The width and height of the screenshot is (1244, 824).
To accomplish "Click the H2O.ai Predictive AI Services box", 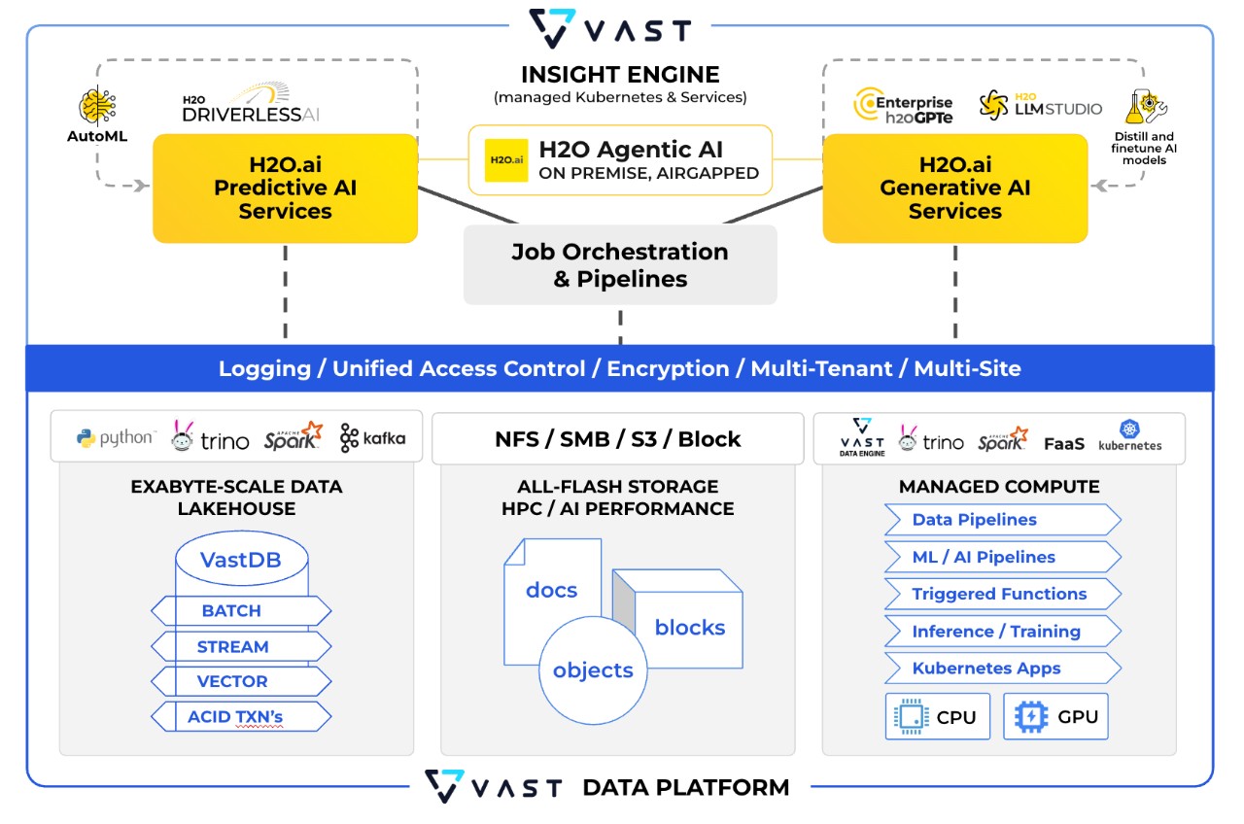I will [285, 188].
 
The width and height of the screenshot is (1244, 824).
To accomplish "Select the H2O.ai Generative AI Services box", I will [954, 188].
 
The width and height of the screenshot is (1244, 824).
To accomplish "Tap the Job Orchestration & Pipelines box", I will [620, 265].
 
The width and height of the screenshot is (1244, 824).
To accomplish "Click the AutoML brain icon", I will [97, 108].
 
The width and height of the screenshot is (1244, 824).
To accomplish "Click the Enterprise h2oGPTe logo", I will [903, 105].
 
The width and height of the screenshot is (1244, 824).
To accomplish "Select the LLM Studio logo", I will [1040, 105].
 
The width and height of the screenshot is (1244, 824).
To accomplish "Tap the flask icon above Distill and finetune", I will [1144, 107].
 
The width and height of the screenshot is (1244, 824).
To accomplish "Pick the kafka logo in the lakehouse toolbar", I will [372, 438].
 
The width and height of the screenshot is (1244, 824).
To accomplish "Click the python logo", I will [115, 438].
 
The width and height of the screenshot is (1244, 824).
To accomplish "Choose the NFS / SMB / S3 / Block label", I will [617, 438].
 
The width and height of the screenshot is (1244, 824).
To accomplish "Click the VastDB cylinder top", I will [241, 560].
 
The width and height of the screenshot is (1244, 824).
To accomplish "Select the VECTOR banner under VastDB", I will [240, 681].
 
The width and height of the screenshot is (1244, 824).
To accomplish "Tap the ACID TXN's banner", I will [240, 718].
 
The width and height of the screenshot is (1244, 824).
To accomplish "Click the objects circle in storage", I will [592, 670].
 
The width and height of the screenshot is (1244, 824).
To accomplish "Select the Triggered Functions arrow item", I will [1001, 594].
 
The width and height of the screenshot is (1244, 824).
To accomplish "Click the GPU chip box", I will [1055, 717].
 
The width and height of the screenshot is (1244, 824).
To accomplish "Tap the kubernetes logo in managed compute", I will [1129, 436].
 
